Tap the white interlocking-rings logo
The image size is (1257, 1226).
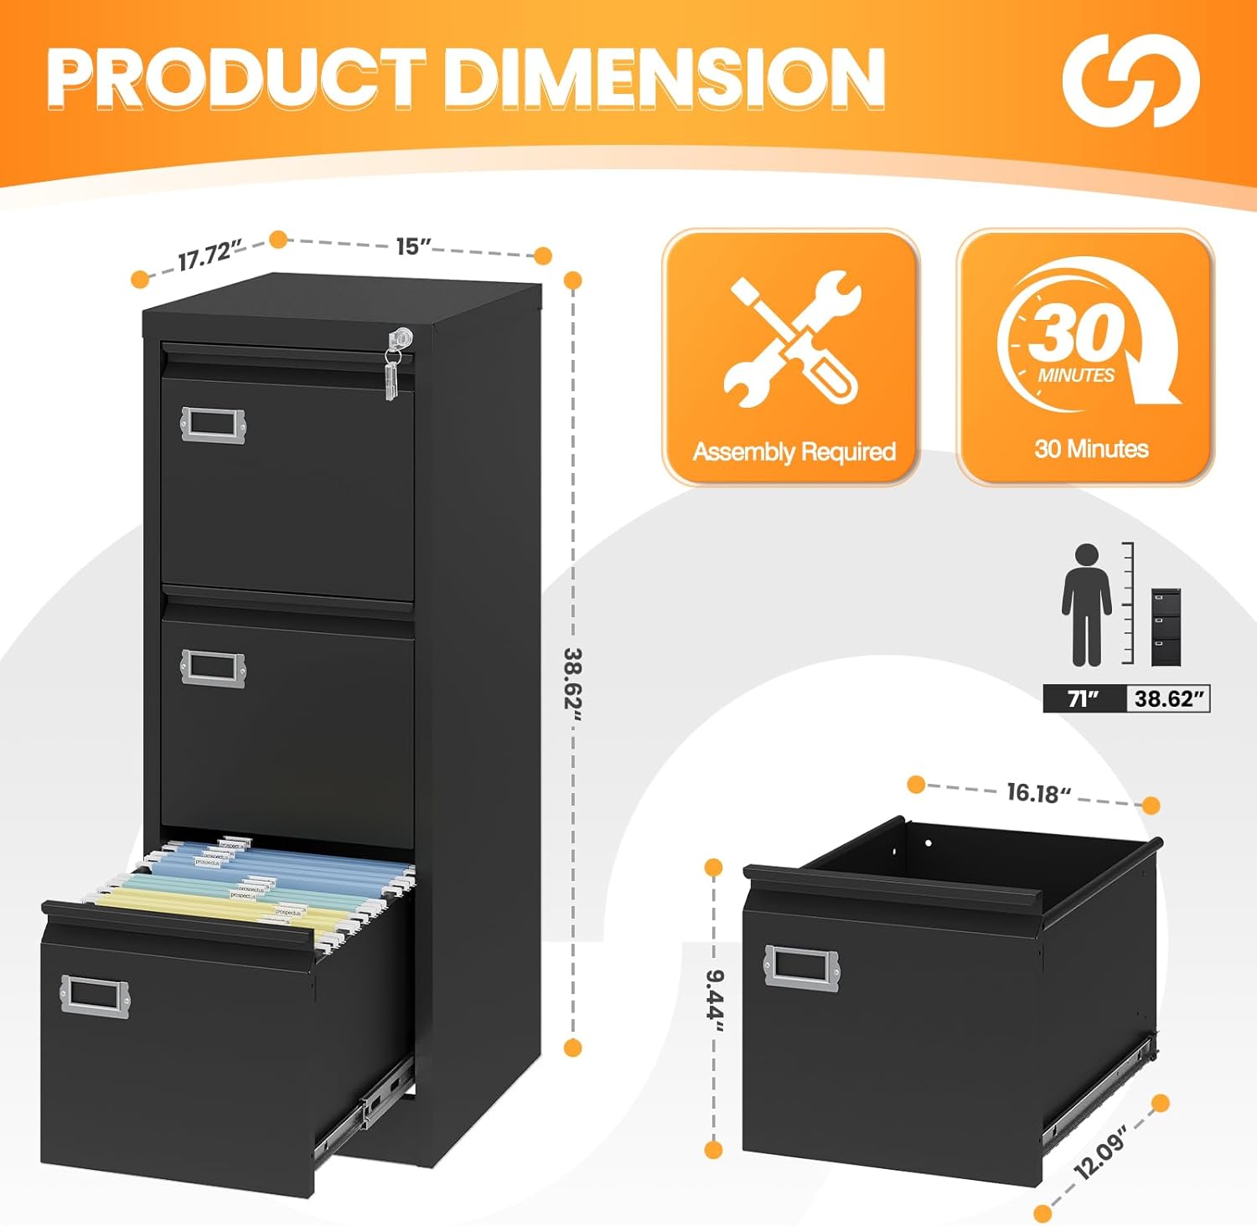(1130, 80)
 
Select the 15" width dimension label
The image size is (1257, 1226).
(413, 246)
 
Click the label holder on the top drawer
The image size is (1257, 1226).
(213, 424)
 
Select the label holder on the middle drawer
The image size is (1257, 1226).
(213, 668)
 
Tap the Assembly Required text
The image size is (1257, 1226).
(794, 452)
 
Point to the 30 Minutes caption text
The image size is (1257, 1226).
(1091, 449)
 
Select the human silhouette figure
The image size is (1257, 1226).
(1086, 605)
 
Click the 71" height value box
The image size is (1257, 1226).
(1083, 698)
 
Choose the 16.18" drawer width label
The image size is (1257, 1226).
(1039, 792)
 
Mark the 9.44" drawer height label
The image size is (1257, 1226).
(714, 1000)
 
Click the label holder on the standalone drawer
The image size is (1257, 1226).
(801, 966)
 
